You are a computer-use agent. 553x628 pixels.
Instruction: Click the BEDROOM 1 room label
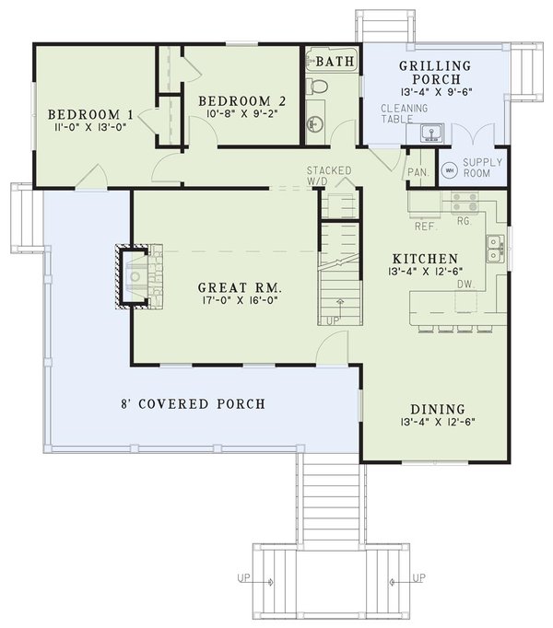[x=91, y=114]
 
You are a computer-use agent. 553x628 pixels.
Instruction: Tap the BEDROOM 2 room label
[x=234, y=100]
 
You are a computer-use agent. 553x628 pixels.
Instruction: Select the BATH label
[x=331, y=63]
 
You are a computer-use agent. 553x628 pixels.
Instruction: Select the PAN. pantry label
[x=418, y=171]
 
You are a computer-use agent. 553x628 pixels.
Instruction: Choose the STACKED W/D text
[x=329, y=175]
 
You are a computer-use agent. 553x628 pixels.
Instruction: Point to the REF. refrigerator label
[x=425, y=225]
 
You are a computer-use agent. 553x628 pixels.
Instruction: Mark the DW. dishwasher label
[x=465, y=285]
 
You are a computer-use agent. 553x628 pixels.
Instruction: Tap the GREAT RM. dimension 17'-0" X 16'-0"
[x=226, y=300]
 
